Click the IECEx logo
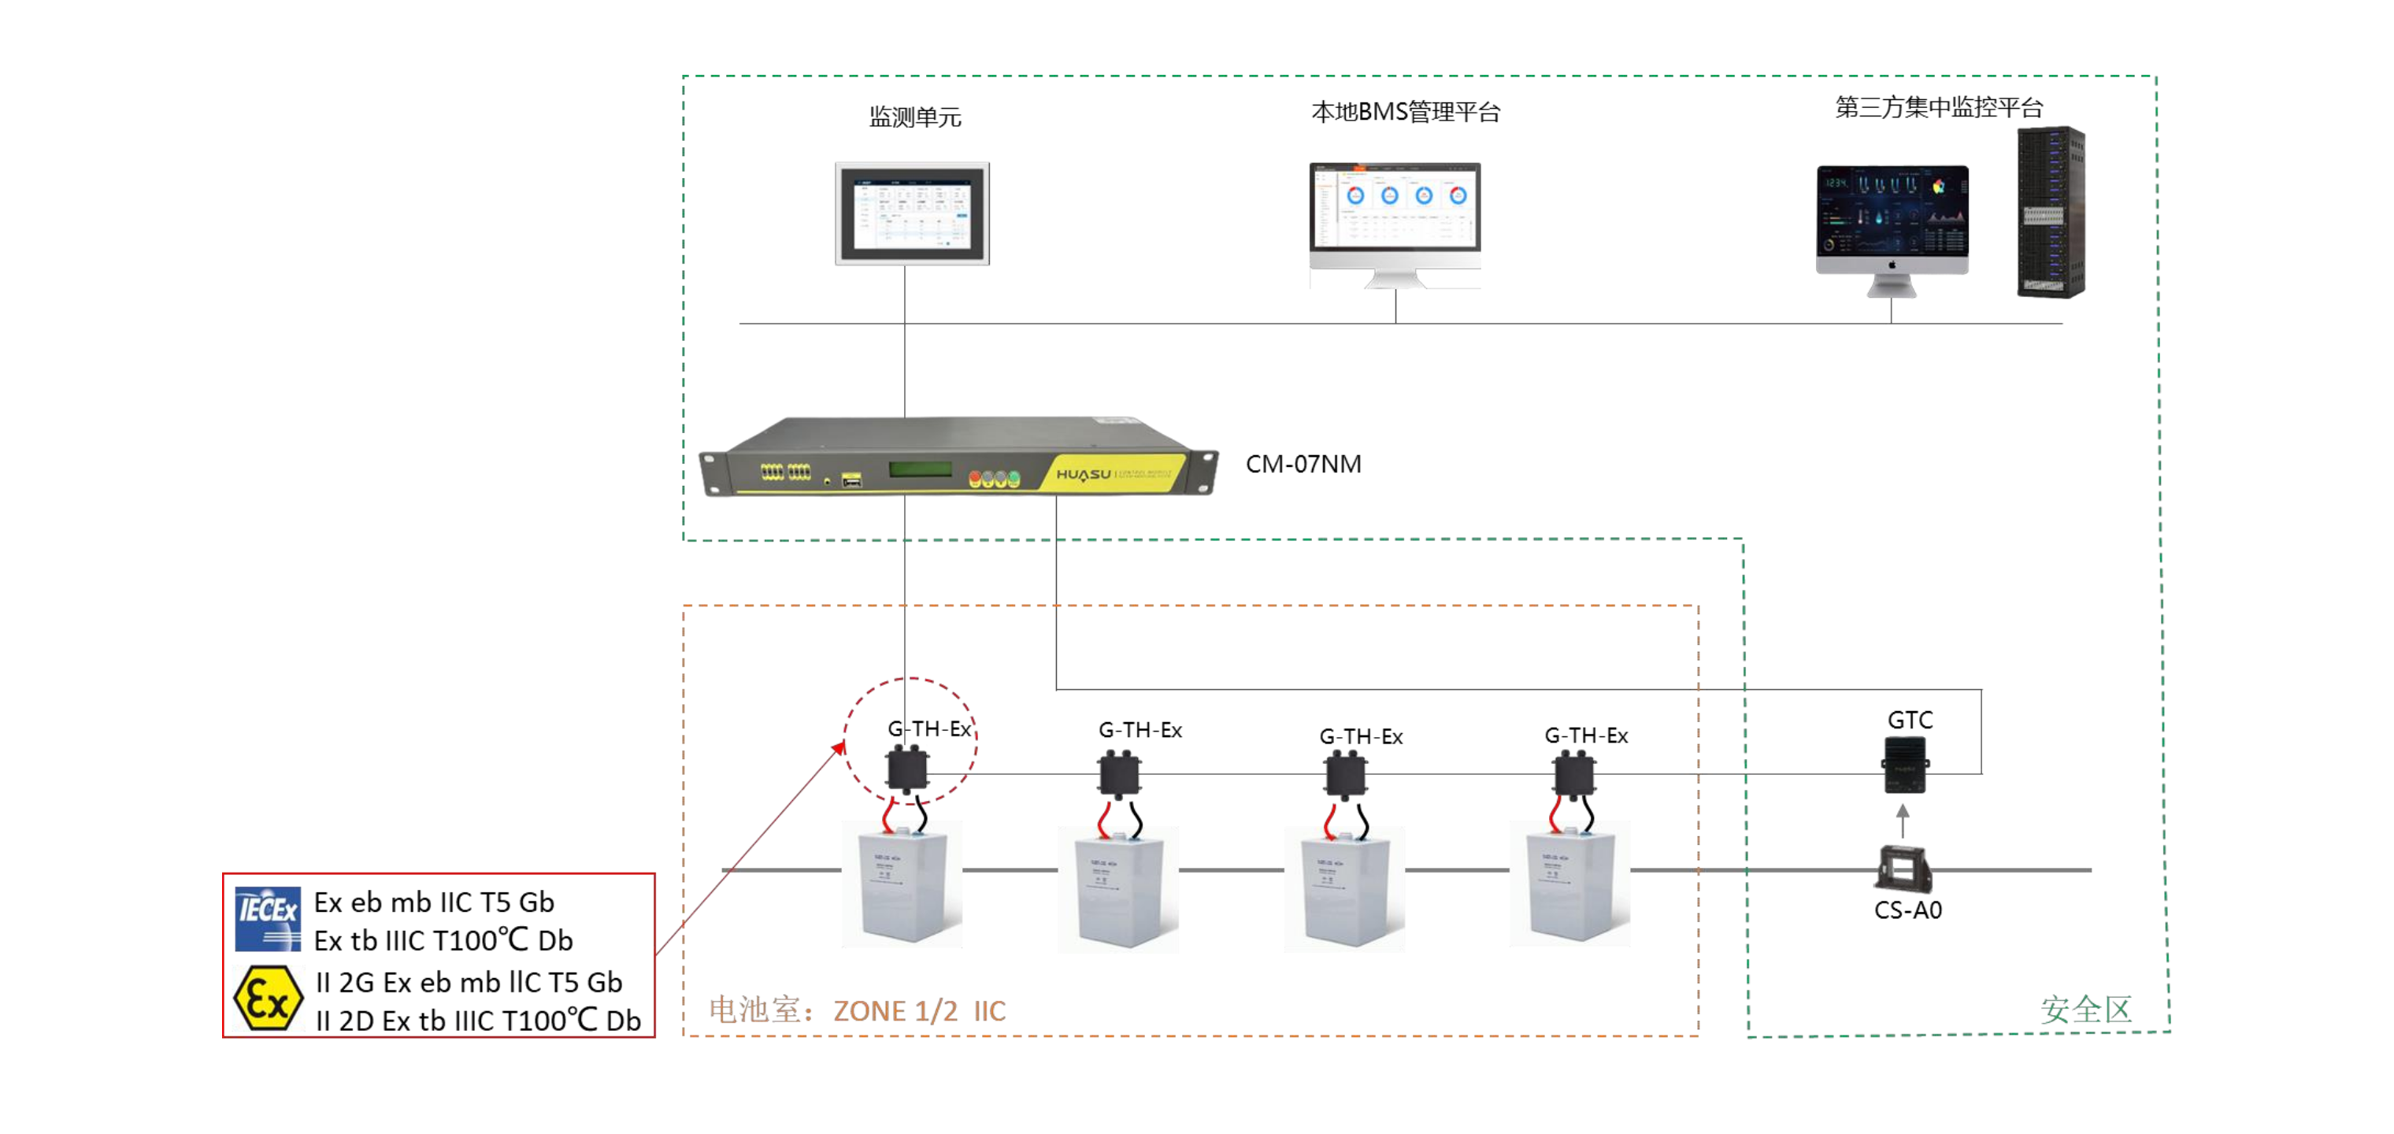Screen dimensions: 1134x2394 click(268, 918)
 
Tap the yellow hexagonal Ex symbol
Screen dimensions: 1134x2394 click(268, 999)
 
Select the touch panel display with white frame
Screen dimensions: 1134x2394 click(912, 213)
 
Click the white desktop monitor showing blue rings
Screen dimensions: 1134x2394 click(1394, 217)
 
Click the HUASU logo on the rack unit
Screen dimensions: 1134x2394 click(1083, 474)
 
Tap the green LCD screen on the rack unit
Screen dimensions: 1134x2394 click(919, 469)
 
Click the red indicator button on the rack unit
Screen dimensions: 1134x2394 click(975, 480)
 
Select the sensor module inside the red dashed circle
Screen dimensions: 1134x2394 click(907, 768)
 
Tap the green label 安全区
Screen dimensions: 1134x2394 click(2085, 1010)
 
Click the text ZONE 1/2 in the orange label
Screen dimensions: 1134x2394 click(895, 1011)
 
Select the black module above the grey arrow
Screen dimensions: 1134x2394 click(1904, 764)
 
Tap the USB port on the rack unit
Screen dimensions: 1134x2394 click(851, 480)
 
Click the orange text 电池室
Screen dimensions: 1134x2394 click(754, 1010)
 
